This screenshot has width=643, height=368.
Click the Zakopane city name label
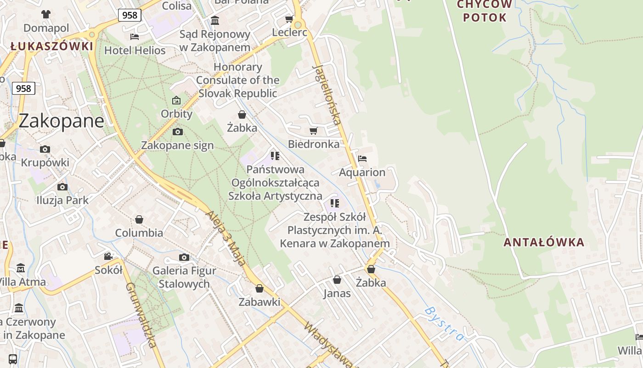pyautogui.click(x=61, y=121)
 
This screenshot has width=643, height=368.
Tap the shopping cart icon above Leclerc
pyautogui.click(x=289, y=19)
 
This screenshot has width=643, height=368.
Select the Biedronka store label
pyautogui.click(x=314, y=144)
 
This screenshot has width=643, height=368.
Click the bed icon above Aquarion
pyautogui.click(x=362, y=159)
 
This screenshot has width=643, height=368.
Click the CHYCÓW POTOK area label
pyautogui.click(x=485, y=11)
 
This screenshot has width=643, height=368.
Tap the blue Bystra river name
pyautogui.click(x=445, y=324)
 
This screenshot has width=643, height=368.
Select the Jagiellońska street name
pyautogui.click(x=327, y=94)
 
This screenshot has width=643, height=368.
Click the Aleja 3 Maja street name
pyautogui.click(x=226, y=238)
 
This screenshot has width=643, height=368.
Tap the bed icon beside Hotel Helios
pyautogui.click(x=135, y=36)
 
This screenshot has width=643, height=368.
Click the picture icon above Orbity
pyautogui.click(x=176, y=100)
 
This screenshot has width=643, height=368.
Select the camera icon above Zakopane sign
pyautogui.click(x=177, y=132)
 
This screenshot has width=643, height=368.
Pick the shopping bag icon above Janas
pyautogui.click(x=337, y=280)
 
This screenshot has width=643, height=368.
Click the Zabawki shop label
pyautogui.click(x=259, y=302)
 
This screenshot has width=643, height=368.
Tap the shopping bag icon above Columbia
pyautogui.click(x=139, y=219)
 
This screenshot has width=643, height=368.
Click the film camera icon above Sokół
pyautogui.click(x=108, y=256)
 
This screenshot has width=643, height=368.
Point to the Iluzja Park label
pyautogui.click(x=62, y=200)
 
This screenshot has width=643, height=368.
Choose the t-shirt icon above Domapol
pyautogui.click(x=46, y=14)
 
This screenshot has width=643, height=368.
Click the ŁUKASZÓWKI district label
pyautogui.click(x=52, y=46)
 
